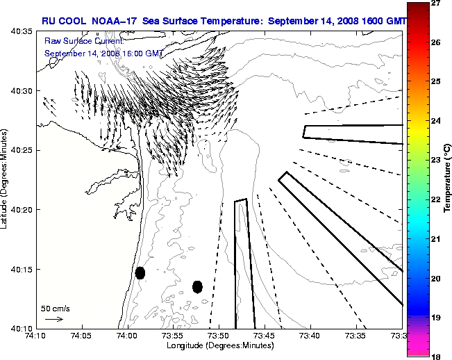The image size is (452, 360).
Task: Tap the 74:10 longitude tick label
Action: tap(35, 335)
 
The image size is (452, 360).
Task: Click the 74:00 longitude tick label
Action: tap(127, 335)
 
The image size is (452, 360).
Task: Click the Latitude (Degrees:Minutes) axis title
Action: tap(6, 179)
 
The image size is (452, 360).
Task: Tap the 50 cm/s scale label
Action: tap(55, 308)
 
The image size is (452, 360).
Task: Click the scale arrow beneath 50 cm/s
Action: tap(54, 319)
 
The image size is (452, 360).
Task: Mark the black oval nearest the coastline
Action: tap(140, 272)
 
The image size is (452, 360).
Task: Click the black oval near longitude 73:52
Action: tap(197, 286)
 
